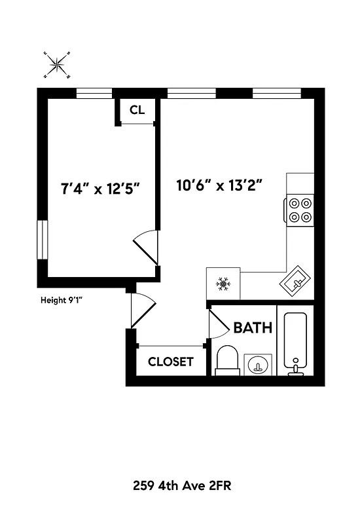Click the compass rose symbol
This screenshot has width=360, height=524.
tap(57, 64)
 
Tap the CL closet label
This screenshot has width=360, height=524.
tap(137, 110)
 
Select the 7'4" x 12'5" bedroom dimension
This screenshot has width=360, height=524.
tap(100, 189)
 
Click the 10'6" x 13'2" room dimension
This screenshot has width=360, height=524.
tap(219, 185)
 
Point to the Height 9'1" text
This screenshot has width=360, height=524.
tap(62, 301)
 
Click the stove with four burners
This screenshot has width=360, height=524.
tap(300, 210)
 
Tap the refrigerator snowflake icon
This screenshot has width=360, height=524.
tap(223, 284)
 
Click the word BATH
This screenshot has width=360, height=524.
tap(253, 327)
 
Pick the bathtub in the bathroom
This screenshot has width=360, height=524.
tap(296, 343)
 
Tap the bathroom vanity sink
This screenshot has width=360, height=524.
tap(259, 364)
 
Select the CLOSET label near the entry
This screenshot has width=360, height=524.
tap(171, 362)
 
